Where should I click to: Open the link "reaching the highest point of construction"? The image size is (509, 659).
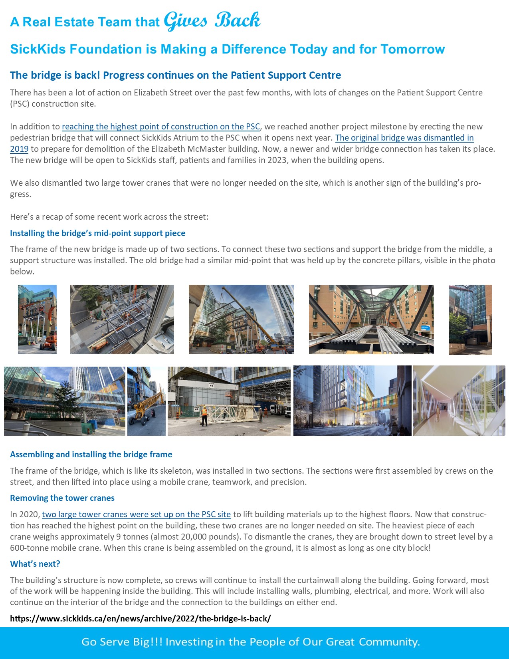tap(160, 127)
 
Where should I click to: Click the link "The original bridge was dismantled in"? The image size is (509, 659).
tap(404, 138)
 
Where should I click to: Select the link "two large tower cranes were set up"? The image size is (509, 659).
tap(136, 514)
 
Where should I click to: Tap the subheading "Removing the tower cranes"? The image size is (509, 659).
tap(62, 498)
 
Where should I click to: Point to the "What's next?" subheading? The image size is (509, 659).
tap(35, 564)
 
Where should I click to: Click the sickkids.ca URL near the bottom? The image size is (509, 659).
tap(140, 619)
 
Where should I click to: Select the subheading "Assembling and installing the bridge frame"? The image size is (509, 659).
tap(91, 455)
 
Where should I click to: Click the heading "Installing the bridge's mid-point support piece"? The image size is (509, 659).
tap(97, 233)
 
